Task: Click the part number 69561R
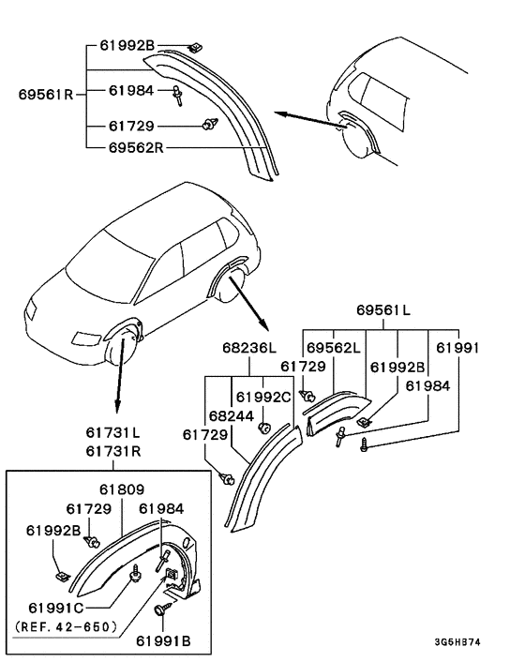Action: (46, 94)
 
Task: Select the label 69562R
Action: (136, 147)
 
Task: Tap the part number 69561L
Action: (383, 309)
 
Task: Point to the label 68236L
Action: (249, 348)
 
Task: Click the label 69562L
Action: (334, 348)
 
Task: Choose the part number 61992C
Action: (263, 397)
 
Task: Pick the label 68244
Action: (232, 416)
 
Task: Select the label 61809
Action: (122, 489)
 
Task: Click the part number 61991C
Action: (55, 608)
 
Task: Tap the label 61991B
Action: (163, 641)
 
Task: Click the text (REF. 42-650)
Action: (66, 626)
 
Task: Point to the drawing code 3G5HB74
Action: (457, 642)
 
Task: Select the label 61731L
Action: (113, 432)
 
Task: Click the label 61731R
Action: (113, 451)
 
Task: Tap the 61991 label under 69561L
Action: (457, 348)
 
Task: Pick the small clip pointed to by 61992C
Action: (264, 428)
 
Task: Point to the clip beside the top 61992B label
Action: (195, 47)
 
